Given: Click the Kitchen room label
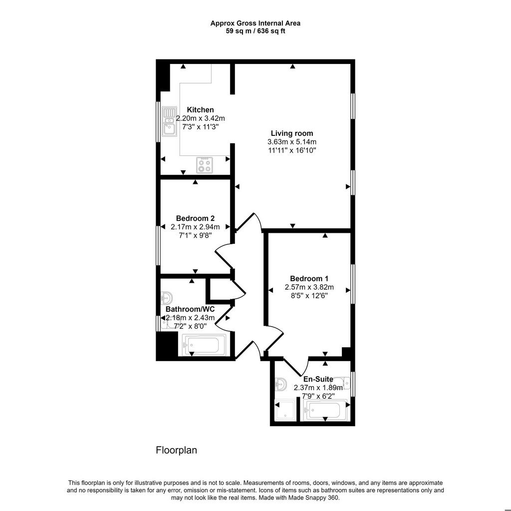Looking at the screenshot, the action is (x=200, y=109).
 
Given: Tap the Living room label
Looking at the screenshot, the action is (x=291, y=133).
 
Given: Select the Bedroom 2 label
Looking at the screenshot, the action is (x=195, y=218).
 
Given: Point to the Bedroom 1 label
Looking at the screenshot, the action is (x=309, y=279).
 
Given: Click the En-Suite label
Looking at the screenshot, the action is (x=318, y=379).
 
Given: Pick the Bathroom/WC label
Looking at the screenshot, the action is (x=190, y=309).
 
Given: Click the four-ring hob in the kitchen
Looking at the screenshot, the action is (x=205, y=165).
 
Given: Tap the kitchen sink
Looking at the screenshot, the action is (x=170, y=121).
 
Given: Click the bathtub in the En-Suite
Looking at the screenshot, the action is (x=325, y=410).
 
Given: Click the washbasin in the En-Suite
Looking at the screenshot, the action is (x=280, y=384).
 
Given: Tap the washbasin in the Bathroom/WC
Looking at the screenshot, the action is (x=167, y=298).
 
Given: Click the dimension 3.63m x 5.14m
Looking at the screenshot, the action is (x=291, y=142).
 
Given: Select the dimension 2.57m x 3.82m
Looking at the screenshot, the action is (x=309, y=287).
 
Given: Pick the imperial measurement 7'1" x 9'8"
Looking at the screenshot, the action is (x=195, y=235).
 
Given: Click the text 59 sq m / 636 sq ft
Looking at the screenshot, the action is (x=255, y=31).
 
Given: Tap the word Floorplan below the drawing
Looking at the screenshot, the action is (x=176, y=450).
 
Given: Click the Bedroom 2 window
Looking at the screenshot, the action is (x=158, y=246).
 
